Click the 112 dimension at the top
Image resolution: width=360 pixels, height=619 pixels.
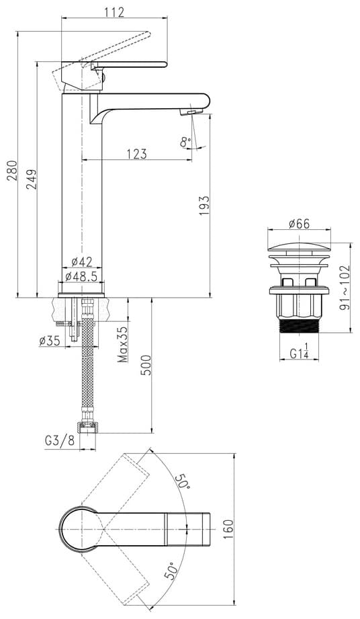tap(115, 12)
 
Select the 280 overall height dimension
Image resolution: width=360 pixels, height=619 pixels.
tap(12, 171)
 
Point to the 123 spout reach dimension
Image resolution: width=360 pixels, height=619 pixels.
tap(137, 153)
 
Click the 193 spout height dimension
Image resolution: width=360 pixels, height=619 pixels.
tap(204, 205)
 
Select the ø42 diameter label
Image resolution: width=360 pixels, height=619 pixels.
tap(82, 261)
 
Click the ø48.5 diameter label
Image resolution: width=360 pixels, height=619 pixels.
tap(81, 276)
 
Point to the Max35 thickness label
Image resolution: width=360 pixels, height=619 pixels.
tap(123, 344)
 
